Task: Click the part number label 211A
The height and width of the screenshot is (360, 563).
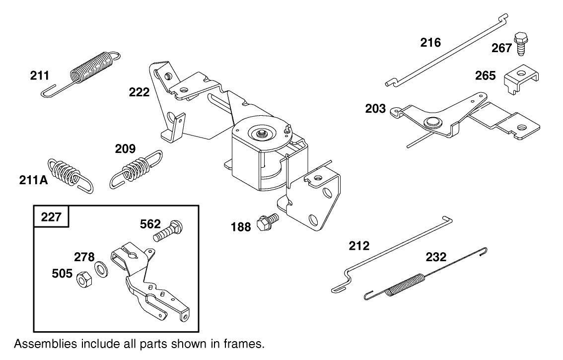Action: click(x=34, y=180)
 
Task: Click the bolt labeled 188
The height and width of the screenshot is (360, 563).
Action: click(x=267, y=222)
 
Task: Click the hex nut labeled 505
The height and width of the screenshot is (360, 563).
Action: click(x=82, y=279)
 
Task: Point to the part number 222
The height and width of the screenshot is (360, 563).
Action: click(x=140, y=92)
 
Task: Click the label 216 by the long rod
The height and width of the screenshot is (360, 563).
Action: click(x=430, y=43)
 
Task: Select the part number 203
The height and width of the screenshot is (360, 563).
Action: click(x=375, y=108)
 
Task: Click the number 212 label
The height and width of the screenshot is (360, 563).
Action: click(x=359, y=245)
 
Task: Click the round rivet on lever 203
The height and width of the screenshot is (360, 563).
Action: click(x=430, y=121)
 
